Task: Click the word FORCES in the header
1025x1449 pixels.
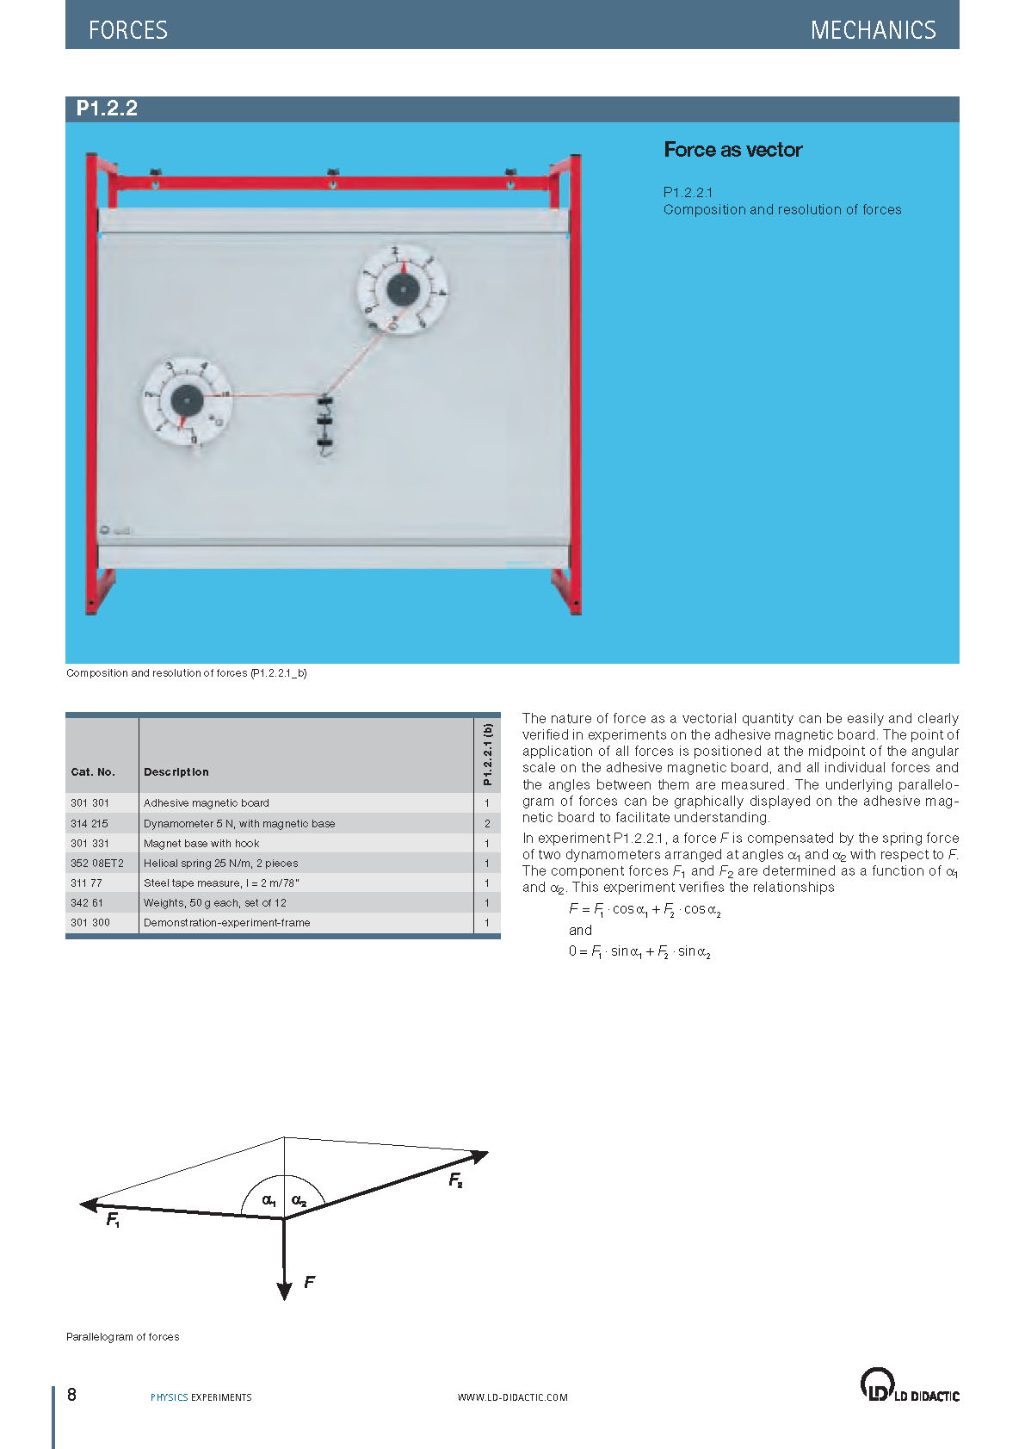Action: click(x=128, y=30)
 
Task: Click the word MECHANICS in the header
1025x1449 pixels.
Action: click(x=873, y=30)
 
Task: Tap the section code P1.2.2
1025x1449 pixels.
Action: click(x=107, y=108)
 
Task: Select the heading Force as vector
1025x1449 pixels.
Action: click(x=732, y=150)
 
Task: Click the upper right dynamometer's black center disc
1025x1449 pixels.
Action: click(x=402, y=289)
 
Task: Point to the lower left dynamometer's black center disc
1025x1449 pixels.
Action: click(x=187, y=399)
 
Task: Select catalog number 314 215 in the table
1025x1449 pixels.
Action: click(x=90, y=823)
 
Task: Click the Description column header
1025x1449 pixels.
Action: click(x=176, y=771)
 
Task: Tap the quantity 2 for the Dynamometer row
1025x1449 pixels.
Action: click(x=486, y=823)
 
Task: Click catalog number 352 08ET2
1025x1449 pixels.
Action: click(x=96, y=863)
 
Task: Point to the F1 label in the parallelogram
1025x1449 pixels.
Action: click(x=113, y=1219)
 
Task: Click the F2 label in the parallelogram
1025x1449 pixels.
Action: click(x=455, y=1180)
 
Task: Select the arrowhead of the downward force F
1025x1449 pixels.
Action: click(x=284, y=1289)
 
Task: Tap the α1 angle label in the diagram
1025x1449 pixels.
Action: click(x=269, y=1199)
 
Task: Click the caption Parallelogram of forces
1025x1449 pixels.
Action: click(x=122, y=1336)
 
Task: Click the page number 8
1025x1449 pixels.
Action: click(x=71, y=1395)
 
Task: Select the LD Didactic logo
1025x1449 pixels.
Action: click(x=909, y=1385)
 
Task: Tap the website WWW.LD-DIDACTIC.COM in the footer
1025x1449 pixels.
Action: click(x=512, y=1397)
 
